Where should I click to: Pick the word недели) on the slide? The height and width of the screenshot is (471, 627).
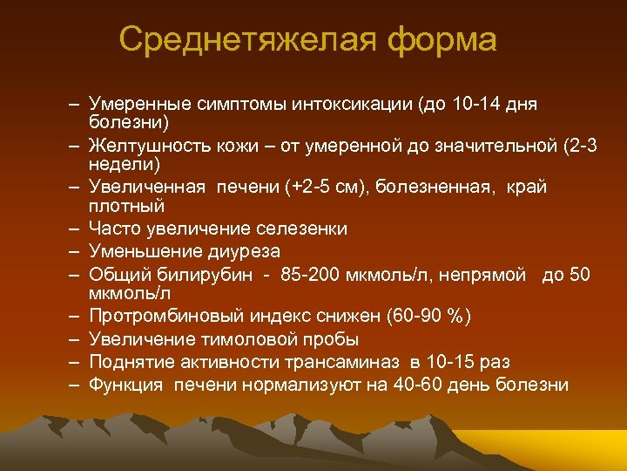119,163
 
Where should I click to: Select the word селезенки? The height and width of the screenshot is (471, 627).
301,229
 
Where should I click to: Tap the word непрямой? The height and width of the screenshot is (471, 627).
488,275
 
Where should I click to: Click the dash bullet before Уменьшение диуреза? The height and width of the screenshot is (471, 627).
77,252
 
